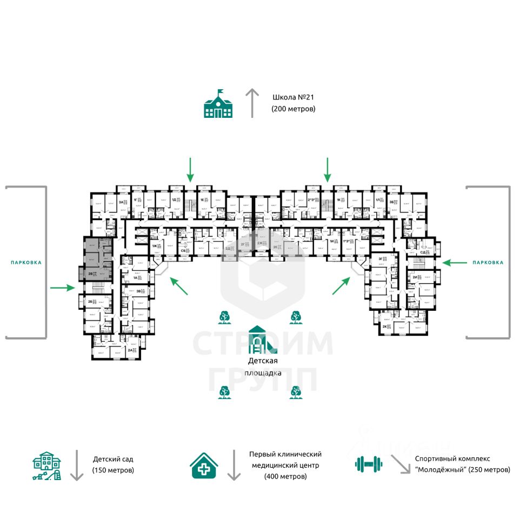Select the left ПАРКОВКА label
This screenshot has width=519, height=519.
coord(26,263)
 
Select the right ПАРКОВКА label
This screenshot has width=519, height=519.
coord(488,263)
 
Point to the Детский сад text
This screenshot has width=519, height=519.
coord(112,460)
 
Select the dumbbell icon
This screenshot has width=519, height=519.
coord(368,463)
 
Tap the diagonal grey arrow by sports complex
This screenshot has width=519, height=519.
coord(400,464)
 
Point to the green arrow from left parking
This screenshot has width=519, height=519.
coord(62,288)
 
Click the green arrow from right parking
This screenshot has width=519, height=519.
coord(454,263)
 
